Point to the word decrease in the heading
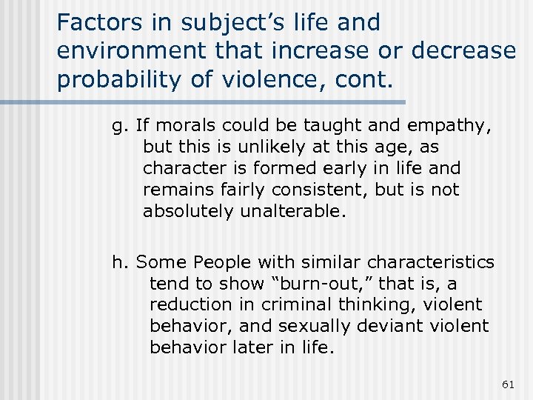[x=463, y=51]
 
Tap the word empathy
[x=453, y=126]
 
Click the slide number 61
[x=507, y=383]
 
